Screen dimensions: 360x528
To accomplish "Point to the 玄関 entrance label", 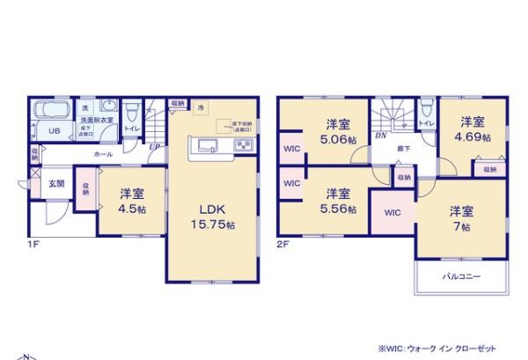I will pos(56,182).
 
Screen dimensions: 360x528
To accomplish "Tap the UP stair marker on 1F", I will pos(154,145).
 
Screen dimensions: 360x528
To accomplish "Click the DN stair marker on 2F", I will pos(381,136).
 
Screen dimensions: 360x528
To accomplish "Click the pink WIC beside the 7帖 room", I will pos(392,212).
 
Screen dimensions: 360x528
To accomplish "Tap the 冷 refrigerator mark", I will pos(201,107).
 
